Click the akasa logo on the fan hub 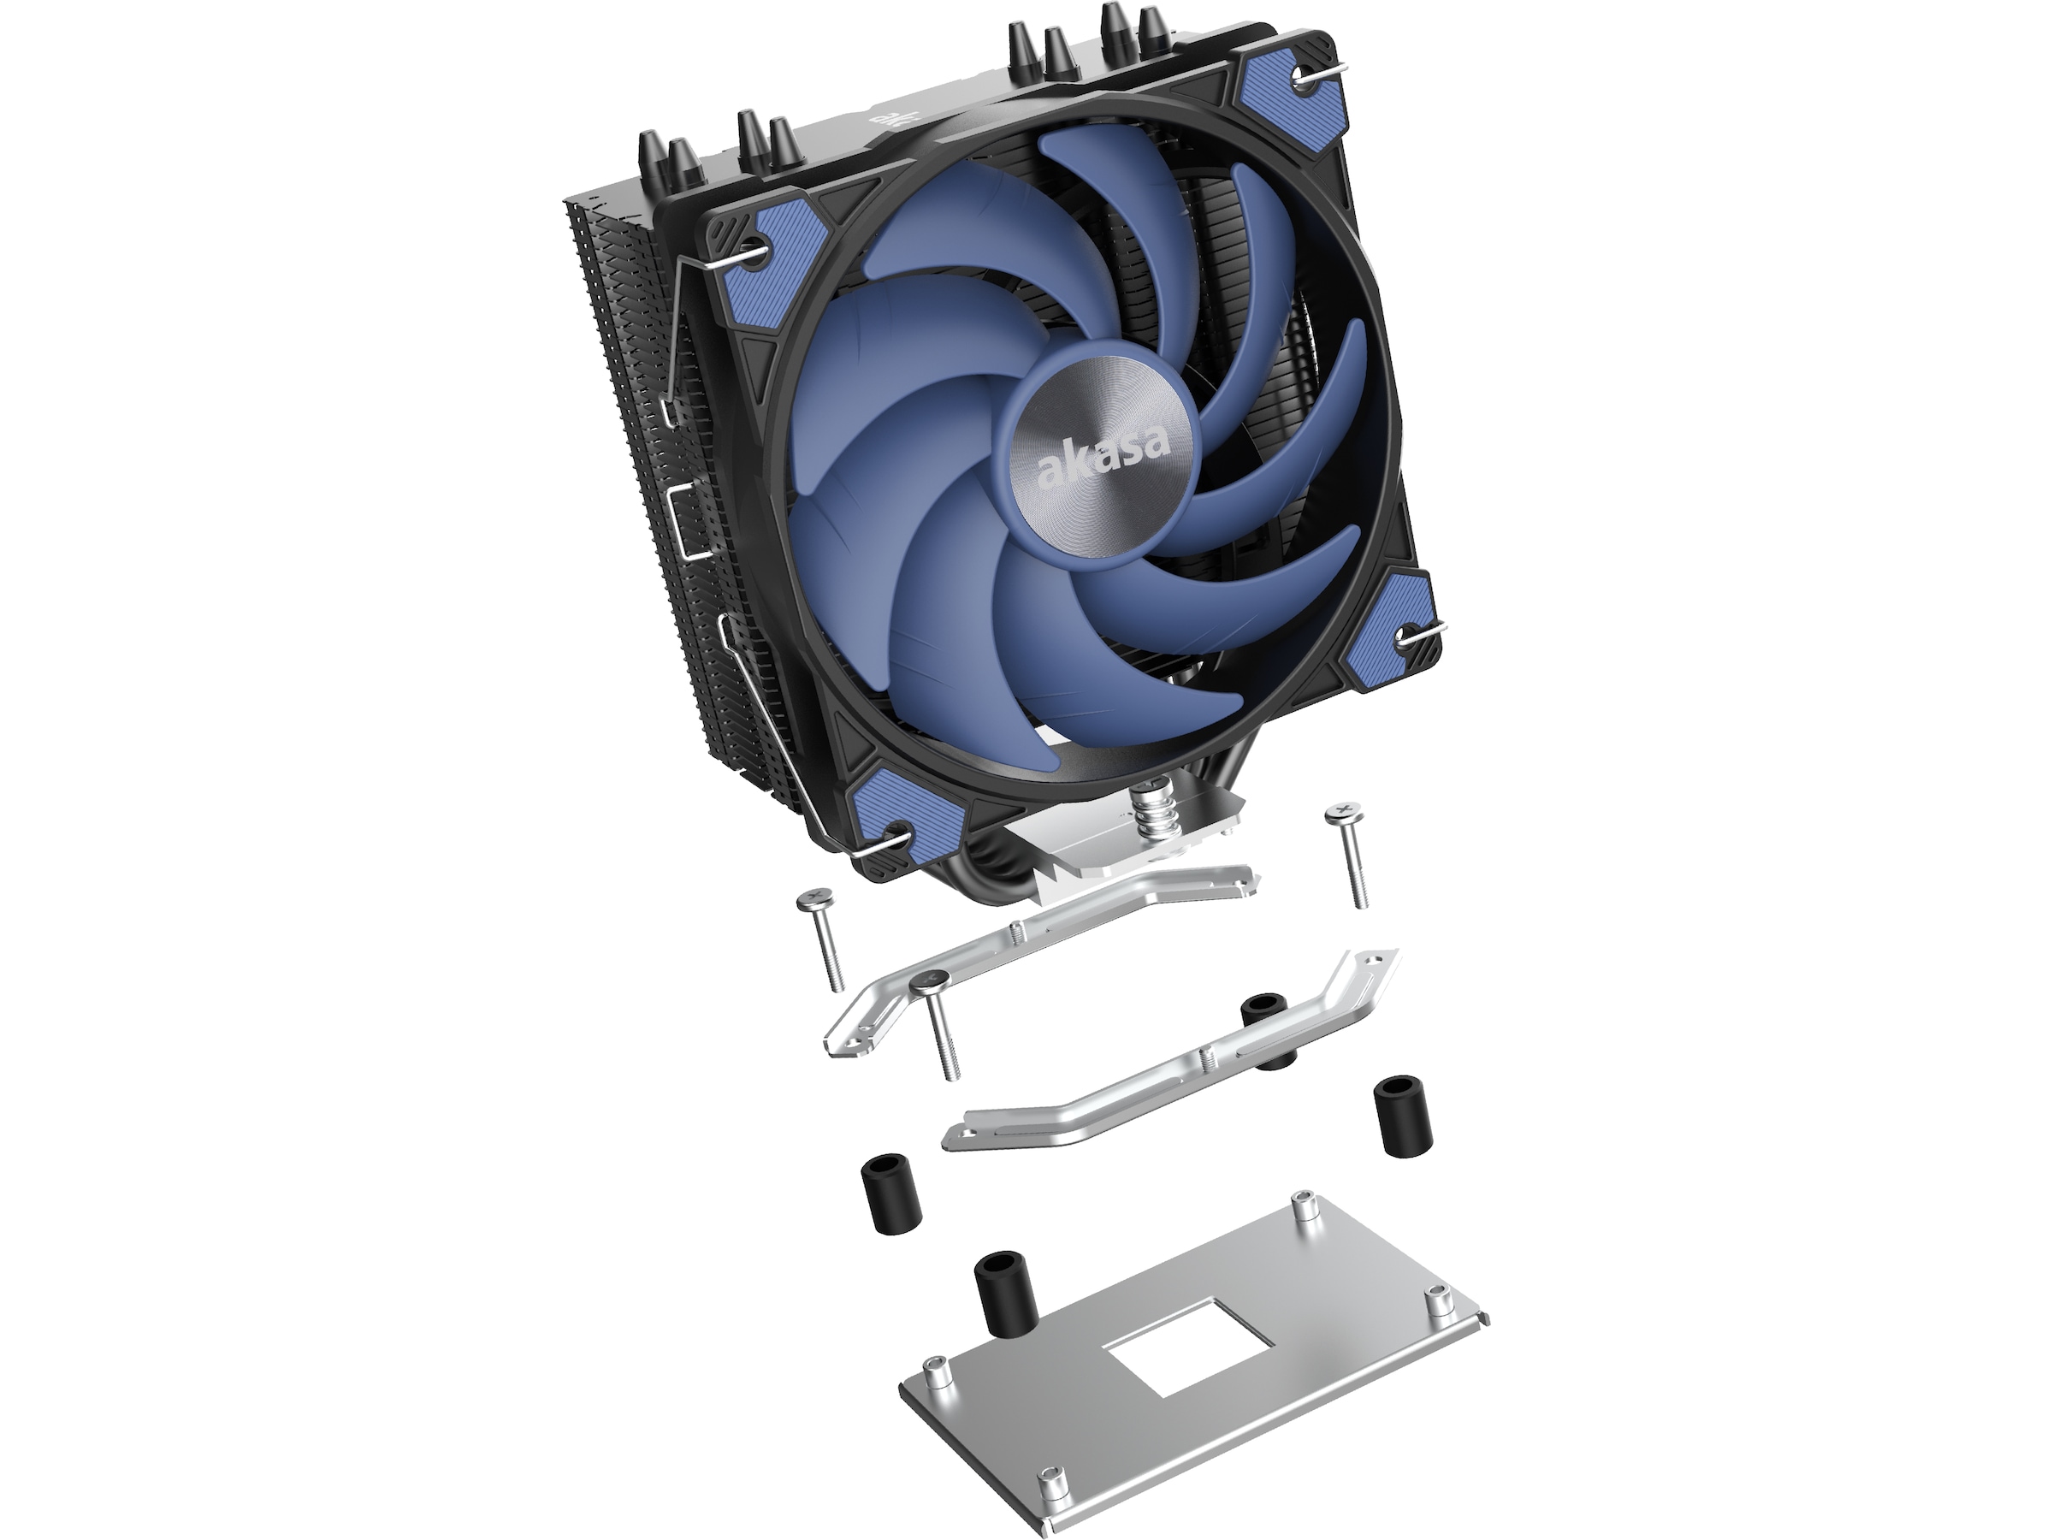[x=1103, y=459]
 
